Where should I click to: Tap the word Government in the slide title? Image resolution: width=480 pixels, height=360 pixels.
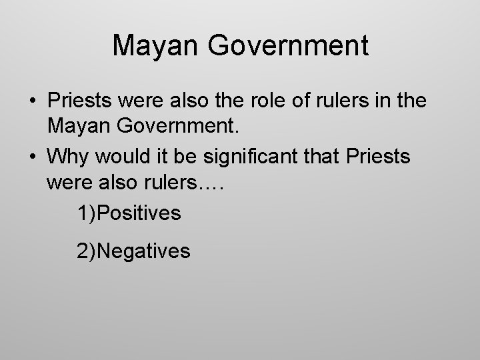click(288, 45)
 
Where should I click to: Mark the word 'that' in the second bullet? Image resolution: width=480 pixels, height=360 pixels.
click(323, 157)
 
